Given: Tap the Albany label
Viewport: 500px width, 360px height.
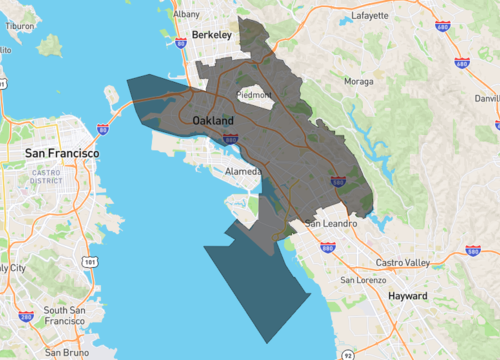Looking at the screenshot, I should click(186, 15).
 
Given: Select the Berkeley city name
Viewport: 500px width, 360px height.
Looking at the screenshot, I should click(211, 35).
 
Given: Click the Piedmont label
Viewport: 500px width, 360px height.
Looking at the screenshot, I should click(253, 95).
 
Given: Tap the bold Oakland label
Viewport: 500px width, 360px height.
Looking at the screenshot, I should click(212, 120).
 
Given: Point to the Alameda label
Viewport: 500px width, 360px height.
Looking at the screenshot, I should click(243, 171).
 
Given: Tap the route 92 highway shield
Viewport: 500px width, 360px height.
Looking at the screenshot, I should click(346, 353).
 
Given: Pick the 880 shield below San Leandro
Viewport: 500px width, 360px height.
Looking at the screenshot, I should click(328, 247).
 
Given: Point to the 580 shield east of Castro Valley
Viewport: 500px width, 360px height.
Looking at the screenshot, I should click(472, 250).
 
